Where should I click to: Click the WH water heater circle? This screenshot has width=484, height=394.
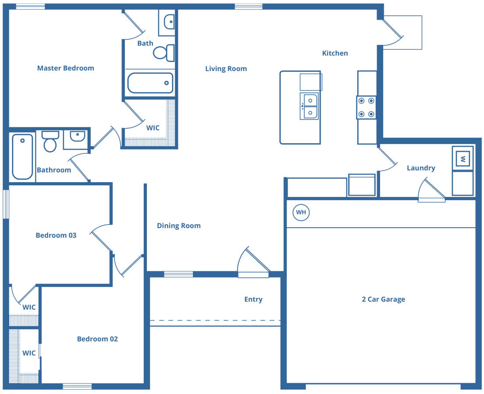pos(301,212)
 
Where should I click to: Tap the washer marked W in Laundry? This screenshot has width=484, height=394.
pos(463,158)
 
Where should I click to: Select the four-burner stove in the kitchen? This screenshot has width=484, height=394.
pos(367,107)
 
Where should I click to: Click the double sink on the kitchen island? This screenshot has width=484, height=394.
pos(309,106)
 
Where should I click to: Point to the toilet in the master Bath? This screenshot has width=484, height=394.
pos(164,53)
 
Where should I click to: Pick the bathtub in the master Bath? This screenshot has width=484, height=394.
pos(150,83)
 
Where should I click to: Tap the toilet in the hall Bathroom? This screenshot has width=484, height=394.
pos(50,141)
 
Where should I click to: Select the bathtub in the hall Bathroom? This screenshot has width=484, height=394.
pos(22,157)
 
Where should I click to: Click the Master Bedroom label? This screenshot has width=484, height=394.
pos(65,68)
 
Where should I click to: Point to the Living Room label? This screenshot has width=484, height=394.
pos(226,69)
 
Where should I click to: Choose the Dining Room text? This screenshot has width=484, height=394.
pos(179,225)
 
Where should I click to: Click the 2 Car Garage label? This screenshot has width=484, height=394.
pos(383,299)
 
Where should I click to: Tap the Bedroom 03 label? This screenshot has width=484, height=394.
pos(56,235)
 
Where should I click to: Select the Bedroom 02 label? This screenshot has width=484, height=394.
pos(97,339)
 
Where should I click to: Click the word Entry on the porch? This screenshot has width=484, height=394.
pos(253,299)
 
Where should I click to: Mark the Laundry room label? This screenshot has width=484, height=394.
pos(421,168)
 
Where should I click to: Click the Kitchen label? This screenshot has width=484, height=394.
pos(335,53)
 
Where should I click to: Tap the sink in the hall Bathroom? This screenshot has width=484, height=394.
pos(78,136)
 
